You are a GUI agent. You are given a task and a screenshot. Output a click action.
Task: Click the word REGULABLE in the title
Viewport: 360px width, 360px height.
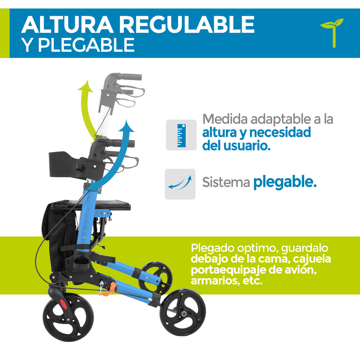tap(186, 25)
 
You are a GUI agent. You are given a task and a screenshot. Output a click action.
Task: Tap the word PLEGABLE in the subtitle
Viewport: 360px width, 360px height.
tap(86, 45)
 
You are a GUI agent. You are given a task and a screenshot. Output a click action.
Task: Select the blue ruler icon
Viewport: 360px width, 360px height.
tap(181, 135)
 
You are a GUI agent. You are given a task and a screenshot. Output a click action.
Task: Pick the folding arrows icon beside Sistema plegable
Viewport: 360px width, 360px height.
tap(180, 183)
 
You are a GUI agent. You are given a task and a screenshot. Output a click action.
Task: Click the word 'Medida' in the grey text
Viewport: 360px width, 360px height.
tap(225, 119)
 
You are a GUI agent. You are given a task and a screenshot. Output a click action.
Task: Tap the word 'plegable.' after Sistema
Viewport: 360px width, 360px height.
tap(285, 182)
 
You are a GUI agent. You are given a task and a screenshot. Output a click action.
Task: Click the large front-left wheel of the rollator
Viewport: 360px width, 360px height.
tap(68, 317)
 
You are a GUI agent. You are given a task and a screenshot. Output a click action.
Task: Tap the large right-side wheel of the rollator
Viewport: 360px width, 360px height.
tap(183, 313)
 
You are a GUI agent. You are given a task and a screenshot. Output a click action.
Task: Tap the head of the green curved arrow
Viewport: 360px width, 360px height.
tap(86, 86)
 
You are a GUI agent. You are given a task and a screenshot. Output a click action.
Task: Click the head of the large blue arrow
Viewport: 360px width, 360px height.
tap(126, 126)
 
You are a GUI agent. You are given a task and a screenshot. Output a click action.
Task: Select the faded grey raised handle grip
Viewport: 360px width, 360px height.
tap(129, 77)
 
